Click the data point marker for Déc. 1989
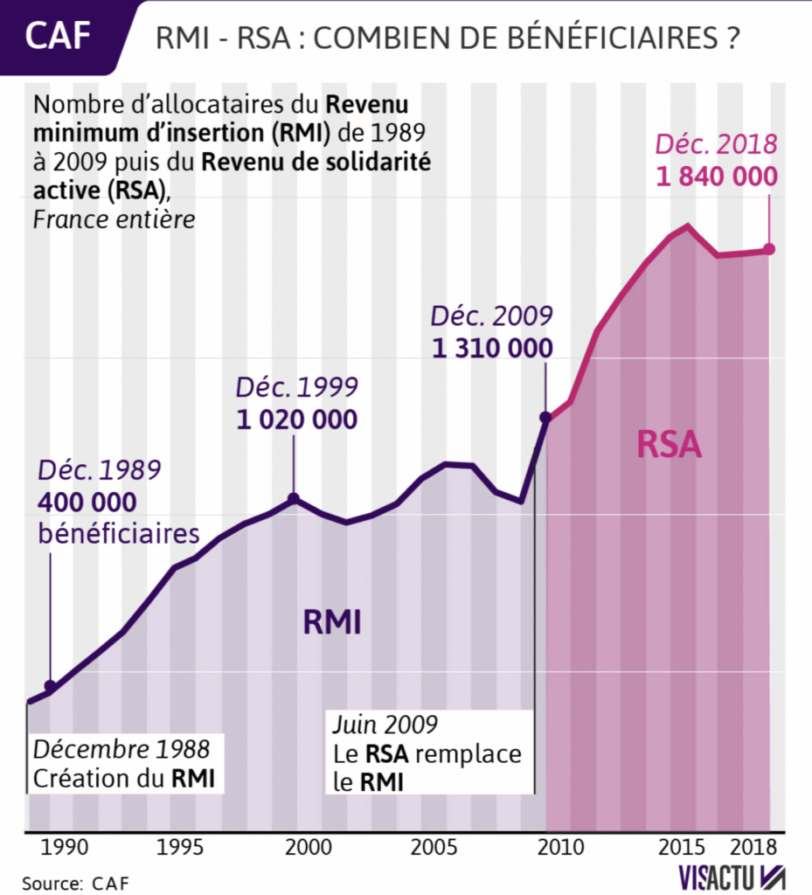click(x=50, y=686)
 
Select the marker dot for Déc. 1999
click(x=294, y=498)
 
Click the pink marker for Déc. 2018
click(x=769, y=249)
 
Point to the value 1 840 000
click(x=717, y=177)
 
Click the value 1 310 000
click(x=493, y=348)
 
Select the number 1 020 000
click(x=297, y=419)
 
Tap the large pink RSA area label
click(x=669, y=444)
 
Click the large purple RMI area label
click(x=332, y=622)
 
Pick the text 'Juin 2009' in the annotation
click(x=385, y=725)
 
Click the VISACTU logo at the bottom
click(x=732, y=877)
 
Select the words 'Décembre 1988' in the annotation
click(x=121, y=749)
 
